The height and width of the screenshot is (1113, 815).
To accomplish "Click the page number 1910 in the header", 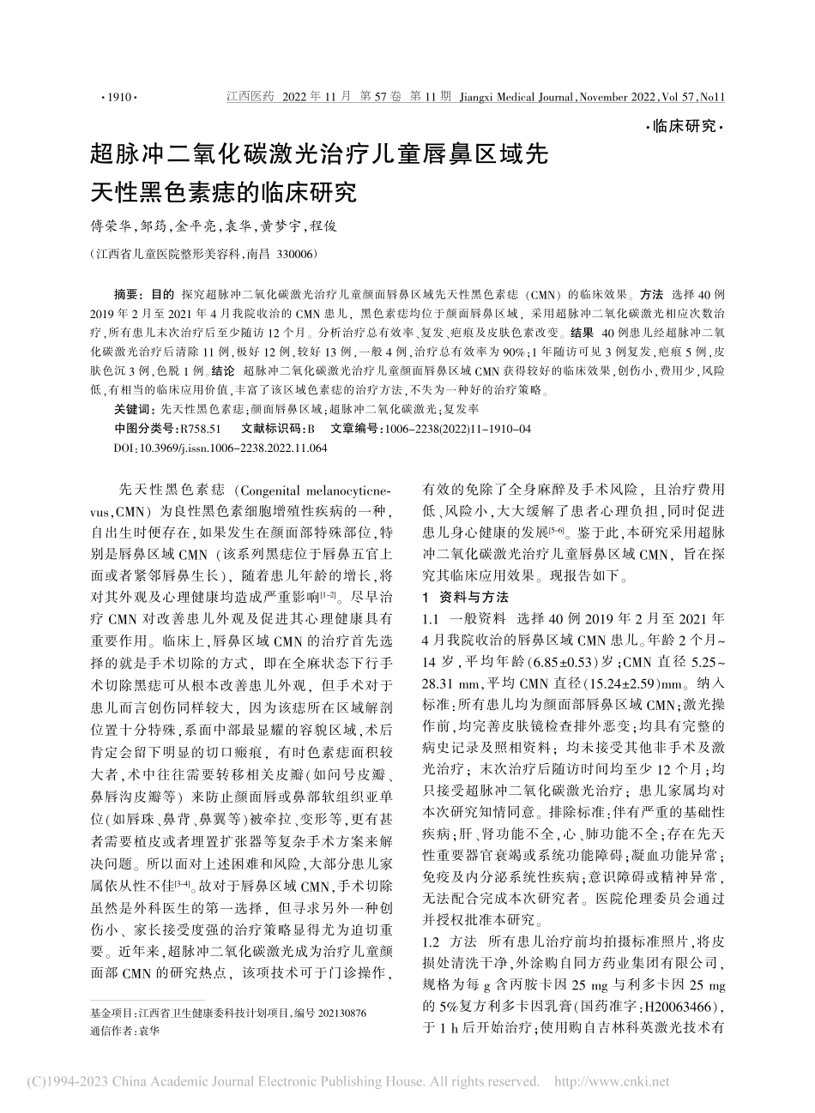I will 119,98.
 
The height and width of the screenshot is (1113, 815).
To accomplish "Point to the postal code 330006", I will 294,255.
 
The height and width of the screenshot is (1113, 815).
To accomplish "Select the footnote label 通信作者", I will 112,1032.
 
